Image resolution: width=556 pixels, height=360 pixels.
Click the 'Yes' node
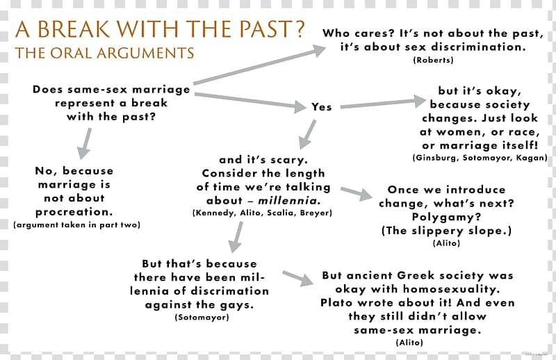pyautogui.click(x=322, y=107)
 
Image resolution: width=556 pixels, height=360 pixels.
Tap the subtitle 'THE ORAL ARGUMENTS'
pyautogui.click(x=105, y=54)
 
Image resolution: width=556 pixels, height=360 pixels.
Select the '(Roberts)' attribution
pyautogui.click(x=433, y=60)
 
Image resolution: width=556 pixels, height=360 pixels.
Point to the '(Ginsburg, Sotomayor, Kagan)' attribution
pyautogui.click(x=480, y=158)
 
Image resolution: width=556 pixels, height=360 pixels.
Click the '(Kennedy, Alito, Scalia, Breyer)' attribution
pyautogui.click(x=263, y=213)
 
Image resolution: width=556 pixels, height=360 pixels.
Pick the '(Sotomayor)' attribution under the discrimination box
pyautogui.click(x=202, y=317)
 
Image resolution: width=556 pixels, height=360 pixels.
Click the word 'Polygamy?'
pyautogui.click(x=446, y=217)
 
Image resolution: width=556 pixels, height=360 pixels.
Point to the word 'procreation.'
pyautogui.click(x=74, y=212)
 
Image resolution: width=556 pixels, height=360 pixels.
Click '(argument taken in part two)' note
pyautogui.click(x=77, y=225)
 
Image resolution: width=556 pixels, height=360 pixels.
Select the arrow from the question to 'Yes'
pyautogui.click(x=250, y=100)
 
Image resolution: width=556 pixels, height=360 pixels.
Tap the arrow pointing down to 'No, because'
pyautogui.click(x=85, y=143)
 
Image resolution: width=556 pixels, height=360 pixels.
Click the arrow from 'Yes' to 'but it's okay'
pyautogui.click(x=383, y=102)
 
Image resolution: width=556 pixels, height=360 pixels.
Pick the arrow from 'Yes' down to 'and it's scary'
pyautogui.click(x=307, y=134)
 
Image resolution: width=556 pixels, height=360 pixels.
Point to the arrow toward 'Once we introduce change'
pyautogui.click(x=357, y=194)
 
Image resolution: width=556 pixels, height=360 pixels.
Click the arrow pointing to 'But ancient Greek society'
pyautogui.click(x=298, y=279)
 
